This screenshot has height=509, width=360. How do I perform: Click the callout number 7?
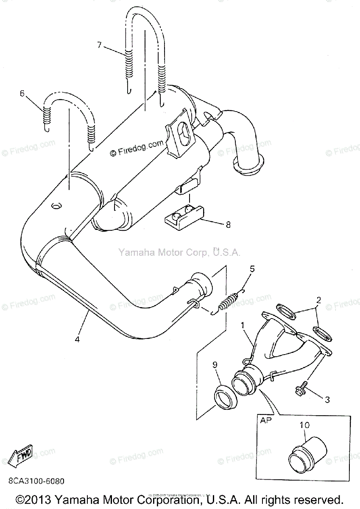(x=99, y=45)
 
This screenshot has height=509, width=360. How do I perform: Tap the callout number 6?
(x=22, y=93)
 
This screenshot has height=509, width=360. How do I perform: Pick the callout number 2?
(x=318, y=300)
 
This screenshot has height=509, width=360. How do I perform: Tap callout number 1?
(x=243, y=325)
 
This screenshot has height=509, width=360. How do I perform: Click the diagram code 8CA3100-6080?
(x=36, y=481)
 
